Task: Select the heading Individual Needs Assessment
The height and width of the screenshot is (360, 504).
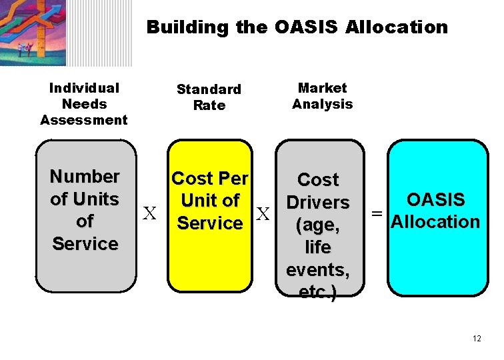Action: tap(84, 104)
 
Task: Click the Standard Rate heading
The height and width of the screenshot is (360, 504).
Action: tap(209, 97)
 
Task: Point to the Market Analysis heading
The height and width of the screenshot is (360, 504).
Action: tap(323, 96)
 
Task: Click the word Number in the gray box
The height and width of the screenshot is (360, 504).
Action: tap(85, 177)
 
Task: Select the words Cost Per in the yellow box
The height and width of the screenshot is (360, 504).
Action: tap(210, 179)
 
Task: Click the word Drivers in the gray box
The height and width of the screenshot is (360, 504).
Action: tap(318, 202)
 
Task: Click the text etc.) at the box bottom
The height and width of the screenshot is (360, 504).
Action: tap(318, 292)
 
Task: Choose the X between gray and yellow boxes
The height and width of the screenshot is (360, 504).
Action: tap(151, 214)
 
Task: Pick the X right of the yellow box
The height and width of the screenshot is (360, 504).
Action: tap(263, 214)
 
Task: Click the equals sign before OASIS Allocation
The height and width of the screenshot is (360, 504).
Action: tap(377, 213)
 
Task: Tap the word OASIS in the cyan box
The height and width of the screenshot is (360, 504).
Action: tap(436, 200)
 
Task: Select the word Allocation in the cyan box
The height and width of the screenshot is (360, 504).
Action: tap(436, 222)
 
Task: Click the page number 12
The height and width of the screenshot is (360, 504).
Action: tap(476, 339)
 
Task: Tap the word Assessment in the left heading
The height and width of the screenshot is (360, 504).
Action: tap(84, 120)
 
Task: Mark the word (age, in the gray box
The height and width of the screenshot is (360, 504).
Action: tap(318, 225)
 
